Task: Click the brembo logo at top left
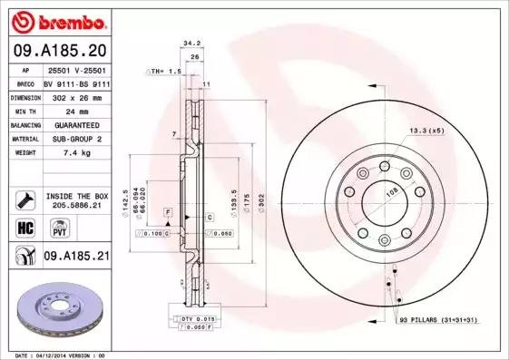[57, 20]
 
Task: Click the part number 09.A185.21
[76, 257]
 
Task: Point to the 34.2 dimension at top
[191, 42]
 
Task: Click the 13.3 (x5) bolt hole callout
[426, 131]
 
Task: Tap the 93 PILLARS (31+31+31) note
[438, 320]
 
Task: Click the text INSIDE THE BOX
[76, 196]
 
